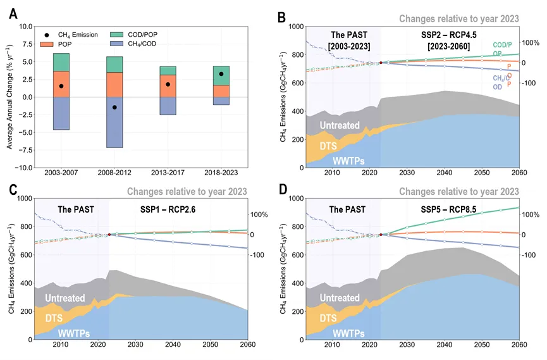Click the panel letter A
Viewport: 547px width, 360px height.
[13, 13]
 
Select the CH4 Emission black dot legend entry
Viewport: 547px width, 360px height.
[47, 34]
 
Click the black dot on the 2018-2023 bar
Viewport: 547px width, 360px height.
[221, 74]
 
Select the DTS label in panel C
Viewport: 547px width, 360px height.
[63, 318]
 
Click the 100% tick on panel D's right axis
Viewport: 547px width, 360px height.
[531, 215]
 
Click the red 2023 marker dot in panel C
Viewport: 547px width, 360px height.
[109, 235]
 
